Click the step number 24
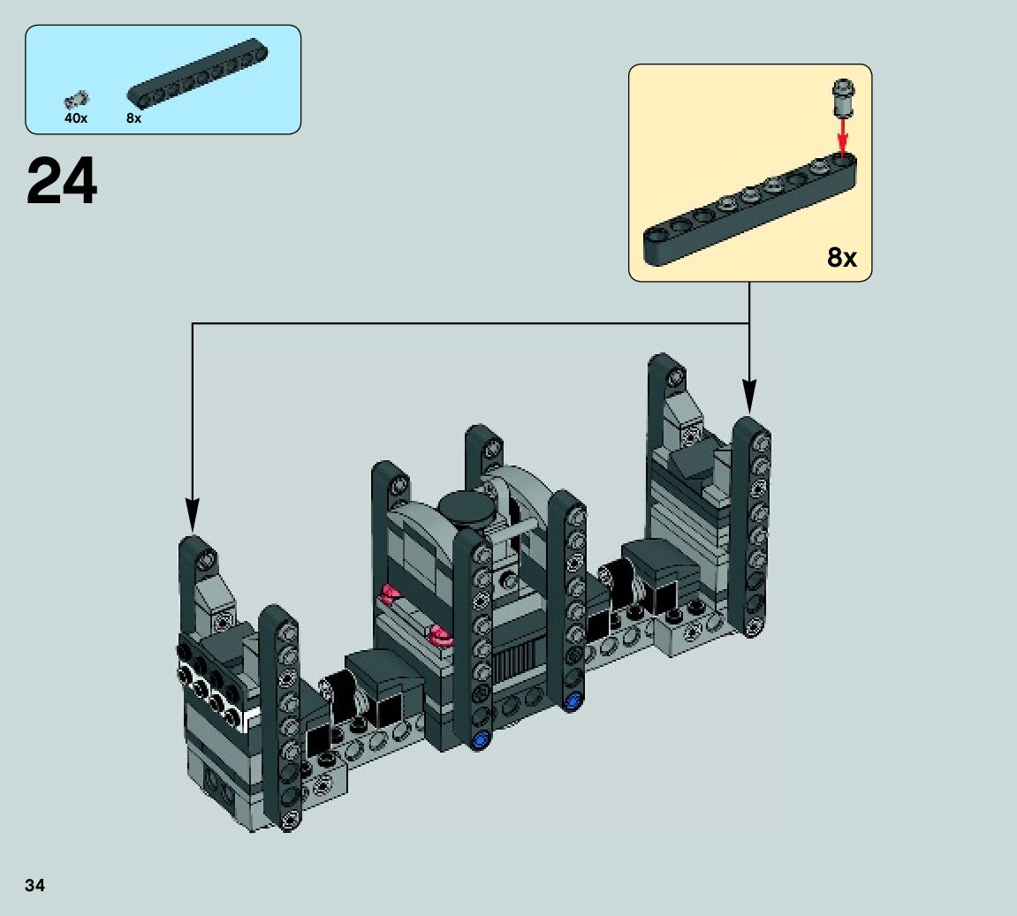62,181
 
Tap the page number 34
35,886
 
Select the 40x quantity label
76,118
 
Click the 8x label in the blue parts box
133,118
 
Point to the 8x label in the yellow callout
842,257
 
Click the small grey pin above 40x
77,99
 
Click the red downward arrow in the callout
843,136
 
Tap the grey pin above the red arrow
843,96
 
